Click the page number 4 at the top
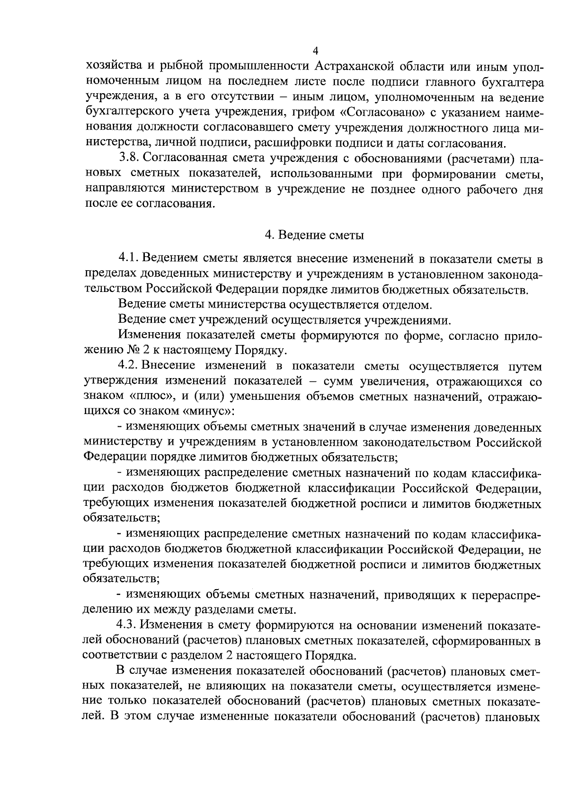tap(315, 51)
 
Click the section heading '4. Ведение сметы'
tap(314, 234)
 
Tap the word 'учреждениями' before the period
tap(404, 320)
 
